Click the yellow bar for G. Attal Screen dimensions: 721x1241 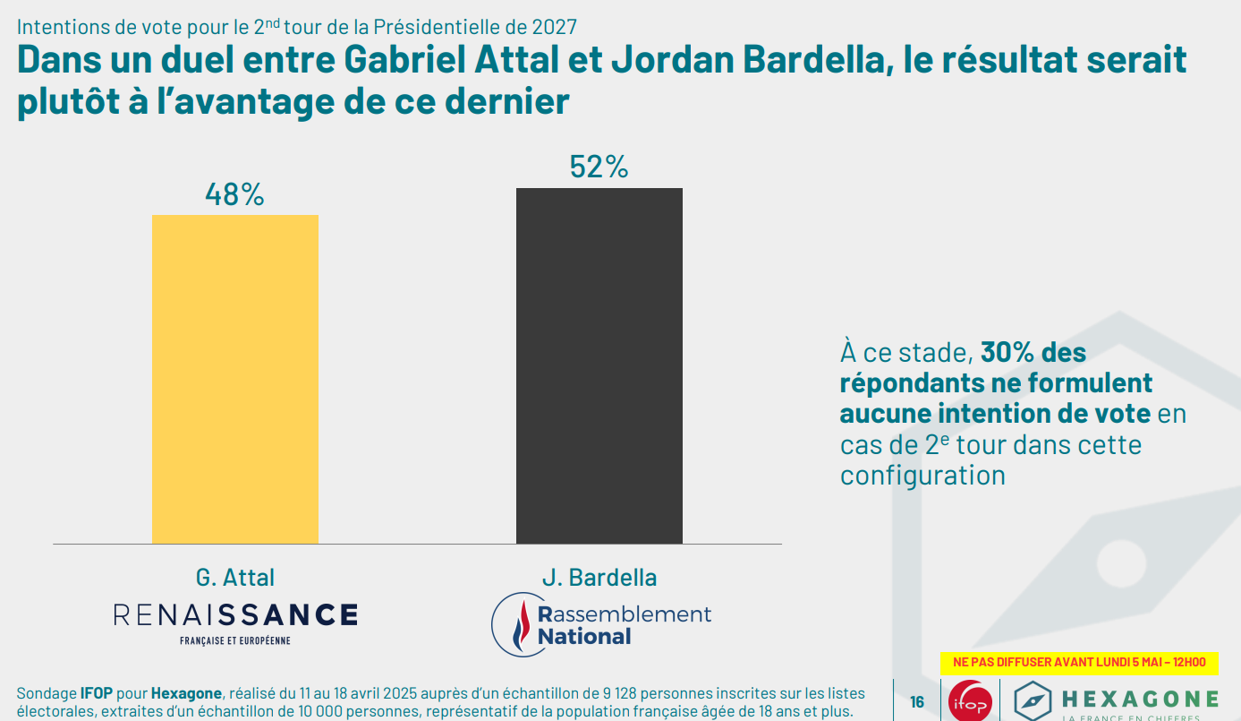click(234, 379)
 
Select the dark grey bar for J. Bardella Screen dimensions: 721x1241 click(599, 365)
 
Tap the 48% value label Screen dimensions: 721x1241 click(234, 194)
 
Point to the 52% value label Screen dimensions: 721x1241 click(599, 167)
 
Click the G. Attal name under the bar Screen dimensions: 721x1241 click(234, 578)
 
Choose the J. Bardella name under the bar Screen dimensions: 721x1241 click(599, 578)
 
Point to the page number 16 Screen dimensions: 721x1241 click(917, 702)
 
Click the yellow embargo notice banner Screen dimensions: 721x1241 click(1078, 663)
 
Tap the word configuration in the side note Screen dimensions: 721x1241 click(922, 475)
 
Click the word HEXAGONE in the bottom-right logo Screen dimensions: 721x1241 click(1139, 699)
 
